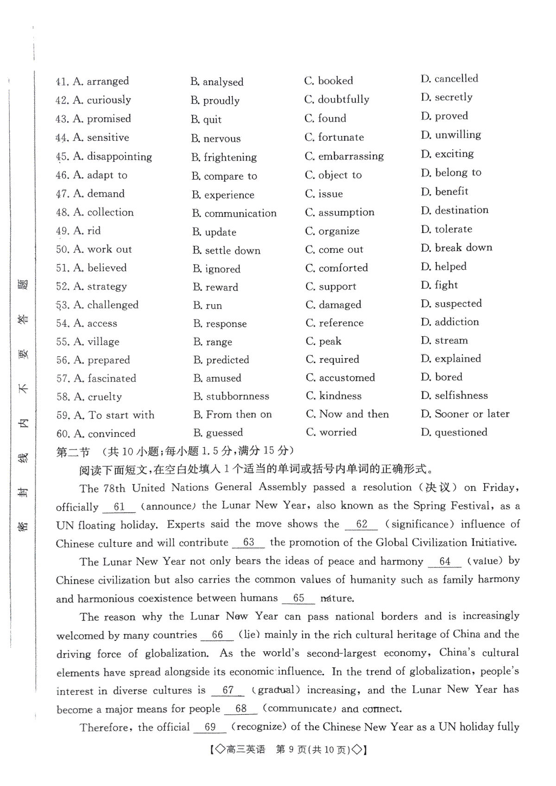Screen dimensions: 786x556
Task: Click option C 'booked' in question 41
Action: (329, 81)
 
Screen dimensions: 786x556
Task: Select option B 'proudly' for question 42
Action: (215, 101)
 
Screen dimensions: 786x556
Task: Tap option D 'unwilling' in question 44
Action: (451, 135)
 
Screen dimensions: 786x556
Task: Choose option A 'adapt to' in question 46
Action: (100, 175)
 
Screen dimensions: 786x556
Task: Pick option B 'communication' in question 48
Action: (234, 213)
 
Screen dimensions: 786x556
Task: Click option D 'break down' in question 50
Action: (456, 248)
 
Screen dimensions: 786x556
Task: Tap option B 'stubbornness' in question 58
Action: (231, 396)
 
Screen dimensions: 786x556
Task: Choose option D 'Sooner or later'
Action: (465, 414)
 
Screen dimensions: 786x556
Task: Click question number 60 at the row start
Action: (63, 434)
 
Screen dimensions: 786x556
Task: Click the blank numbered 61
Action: (119, 507)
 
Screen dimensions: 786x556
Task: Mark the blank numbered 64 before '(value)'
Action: (445, 561)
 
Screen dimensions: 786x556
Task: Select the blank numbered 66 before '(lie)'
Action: (217, 635)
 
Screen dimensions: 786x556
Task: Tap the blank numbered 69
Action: (210, 727)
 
